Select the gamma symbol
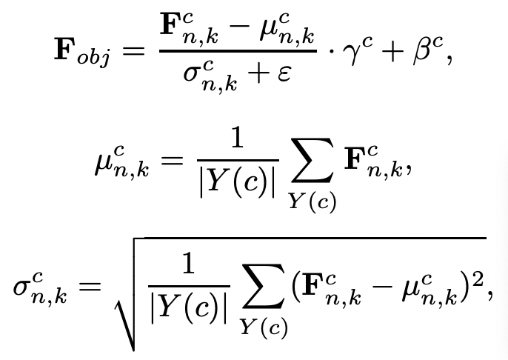pyautogui.click(x=346, y=57)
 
